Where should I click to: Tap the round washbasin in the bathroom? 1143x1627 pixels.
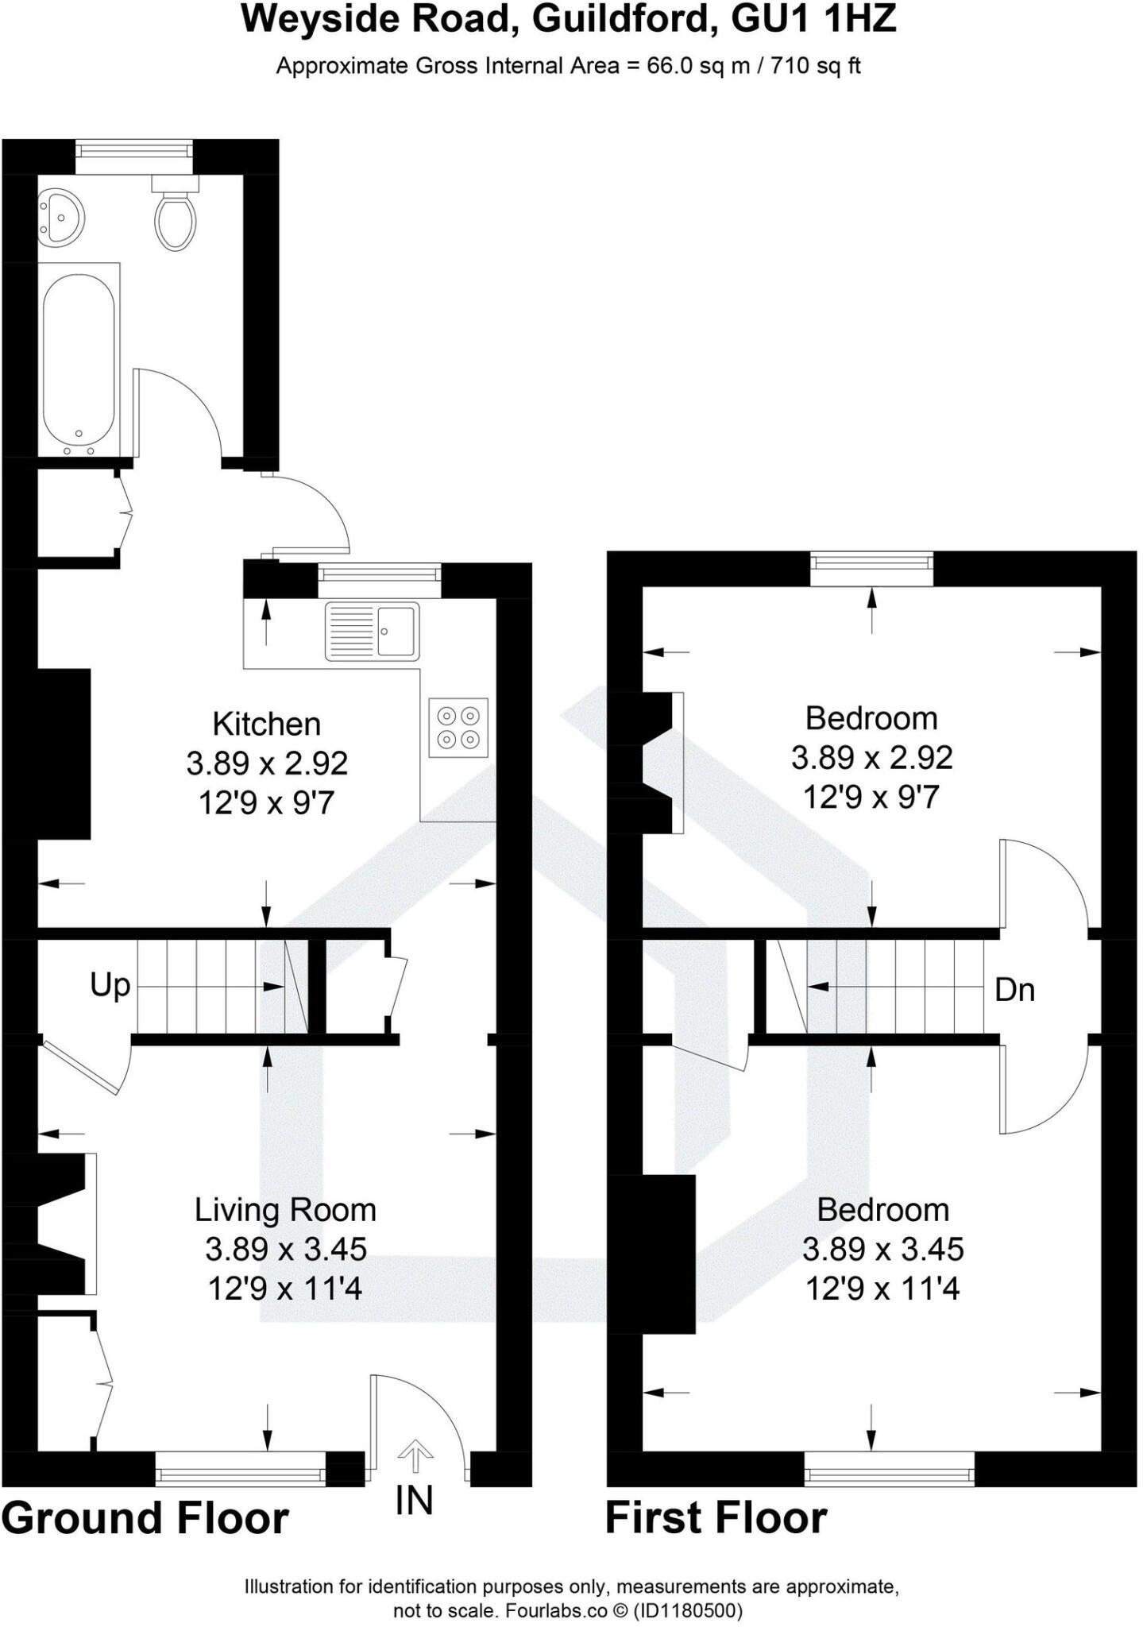[59, 215]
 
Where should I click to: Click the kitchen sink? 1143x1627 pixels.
[372, 632]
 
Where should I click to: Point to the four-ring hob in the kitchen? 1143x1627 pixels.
[458, 727]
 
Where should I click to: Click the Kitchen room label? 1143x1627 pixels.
[267, 725]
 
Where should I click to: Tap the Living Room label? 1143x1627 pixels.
[285, 1211]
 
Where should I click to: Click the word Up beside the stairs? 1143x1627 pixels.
[110, 986]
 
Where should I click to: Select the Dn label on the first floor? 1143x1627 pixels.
[1014, 990]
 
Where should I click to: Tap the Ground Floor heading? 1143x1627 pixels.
[145, 1518]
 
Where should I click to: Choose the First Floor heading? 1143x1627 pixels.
[716, 1518]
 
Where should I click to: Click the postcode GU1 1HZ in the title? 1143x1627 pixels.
[813, 19]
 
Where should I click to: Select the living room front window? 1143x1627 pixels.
[240, 1470]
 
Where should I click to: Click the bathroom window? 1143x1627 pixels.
[134, 157]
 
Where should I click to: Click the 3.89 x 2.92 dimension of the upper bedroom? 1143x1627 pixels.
[871, 758]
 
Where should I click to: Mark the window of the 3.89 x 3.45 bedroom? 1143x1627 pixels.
[889, 1469]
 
